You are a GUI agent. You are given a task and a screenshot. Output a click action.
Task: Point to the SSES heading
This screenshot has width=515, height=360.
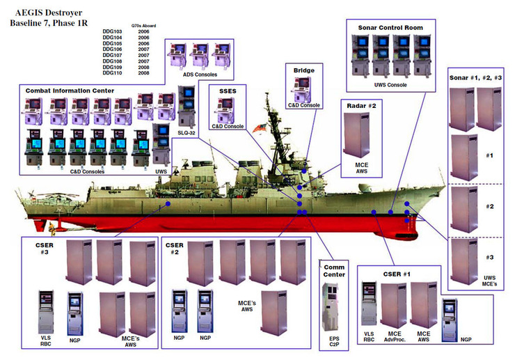[228, 90]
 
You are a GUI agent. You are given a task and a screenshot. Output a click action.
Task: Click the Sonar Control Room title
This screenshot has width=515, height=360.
[390, 28]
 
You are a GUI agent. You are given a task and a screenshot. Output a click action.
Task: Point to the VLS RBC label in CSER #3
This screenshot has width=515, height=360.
[47, 341]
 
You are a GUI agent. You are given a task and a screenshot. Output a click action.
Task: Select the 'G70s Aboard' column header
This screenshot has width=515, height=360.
[143, 25]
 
